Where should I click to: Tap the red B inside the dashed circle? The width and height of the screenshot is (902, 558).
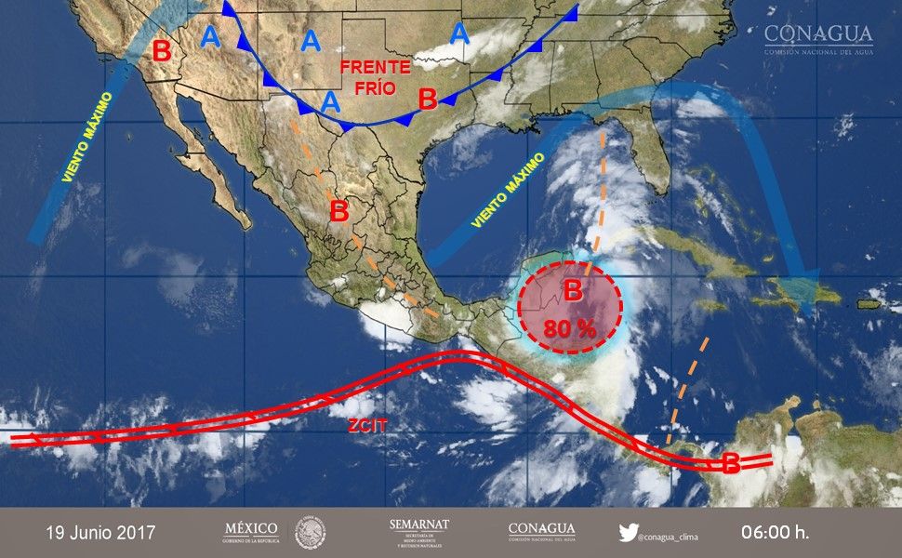tap(573, 291)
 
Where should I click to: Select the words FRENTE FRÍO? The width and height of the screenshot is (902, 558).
tap(374, 77)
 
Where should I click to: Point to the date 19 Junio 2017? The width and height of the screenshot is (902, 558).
tap(101, 533)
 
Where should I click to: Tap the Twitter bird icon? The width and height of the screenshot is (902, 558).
tap(630, 533)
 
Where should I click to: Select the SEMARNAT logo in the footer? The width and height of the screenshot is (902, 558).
tap(418, 532)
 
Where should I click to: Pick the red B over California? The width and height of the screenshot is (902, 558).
tap(162, 51)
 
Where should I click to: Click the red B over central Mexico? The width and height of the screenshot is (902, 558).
tap(338, 211)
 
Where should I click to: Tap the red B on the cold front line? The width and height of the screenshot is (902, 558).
tap(428, 98)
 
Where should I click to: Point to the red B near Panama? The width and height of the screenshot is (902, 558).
tap(732, 462)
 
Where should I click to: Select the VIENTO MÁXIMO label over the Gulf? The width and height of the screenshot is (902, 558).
tap(506, 193)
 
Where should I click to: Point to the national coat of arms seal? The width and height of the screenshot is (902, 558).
tap(311, 533)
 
